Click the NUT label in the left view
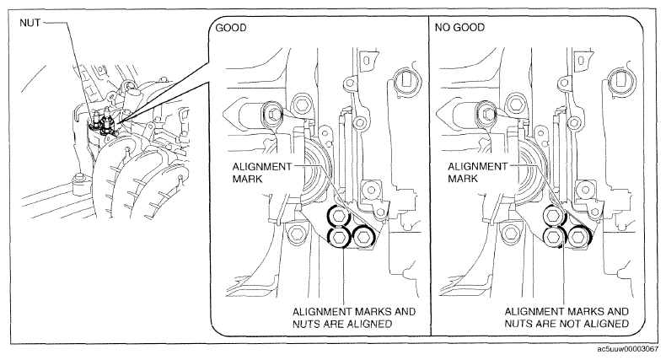30,23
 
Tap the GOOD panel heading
231,28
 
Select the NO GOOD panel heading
459,28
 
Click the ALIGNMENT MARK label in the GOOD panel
262,173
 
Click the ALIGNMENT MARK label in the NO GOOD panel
477,172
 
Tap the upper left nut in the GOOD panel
339,217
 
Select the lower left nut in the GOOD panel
339,238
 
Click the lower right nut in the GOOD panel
363,237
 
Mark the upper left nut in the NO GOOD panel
554,216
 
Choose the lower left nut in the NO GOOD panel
554,237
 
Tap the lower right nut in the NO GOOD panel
578,237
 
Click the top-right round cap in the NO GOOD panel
621,80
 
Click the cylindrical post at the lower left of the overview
80,183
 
